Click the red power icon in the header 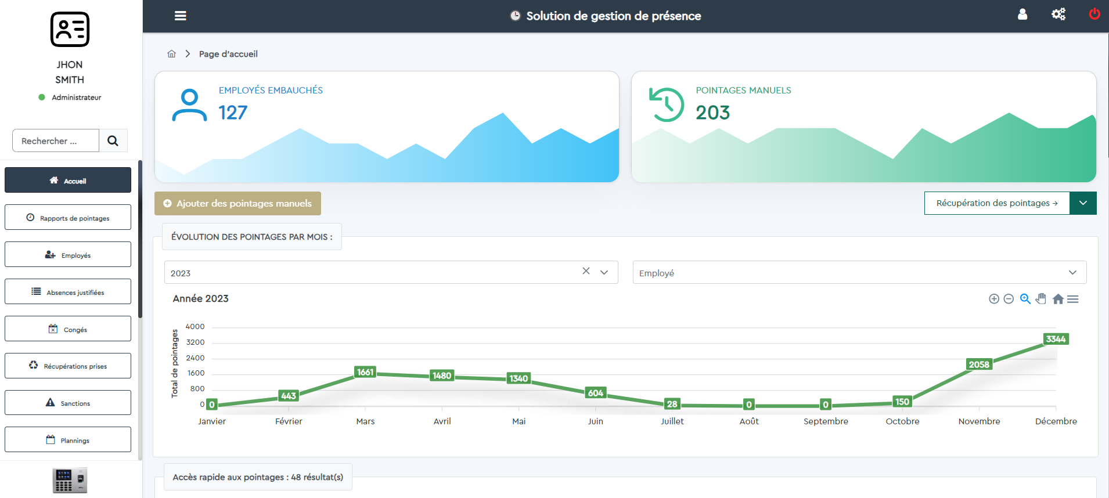point(1094,14)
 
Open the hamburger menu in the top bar point(181,16)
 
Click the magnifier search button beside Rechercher point(113,140)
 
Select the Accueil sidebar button point(68,181)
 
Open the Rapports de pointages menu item point(68,218)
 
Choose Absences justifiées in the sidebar point(68,292)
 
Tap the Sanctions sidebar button point(68,403)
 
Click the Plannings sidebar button point(68,440)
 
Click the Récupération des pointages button point(996,203)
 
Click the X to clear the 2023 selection point(586,271)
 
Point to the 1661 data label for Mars point(365,372)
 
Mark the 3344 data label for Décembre point(1056,339)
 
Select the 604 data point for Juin point(596,393)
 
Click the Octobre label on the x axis point(902,421)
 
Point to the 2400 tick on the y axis point(195,358)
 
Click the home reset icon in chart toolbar point(1058,299)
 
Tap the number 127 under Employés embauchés point(233,113)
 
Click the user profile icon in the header point(1022,15)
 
